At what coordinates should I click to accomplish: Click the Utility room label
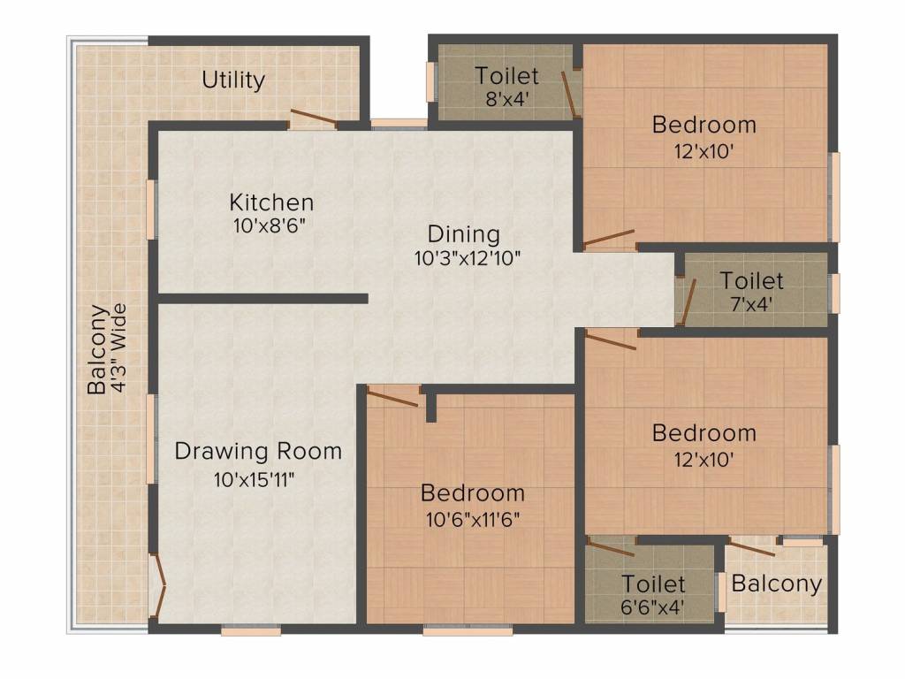(233, 80)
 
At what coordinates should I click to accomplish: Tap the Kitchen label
(272, 202)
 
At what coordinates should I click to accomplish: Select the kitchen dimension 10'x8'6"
(270, 225)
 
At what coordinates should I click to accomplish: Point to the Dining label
(463, 234)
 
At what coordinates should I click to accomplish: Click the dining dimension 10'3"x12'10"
(468, 257)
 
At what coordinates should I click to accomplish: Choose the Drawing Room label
(258, 451)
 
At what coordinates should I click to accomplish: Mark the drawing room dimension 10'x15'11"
(255, 479)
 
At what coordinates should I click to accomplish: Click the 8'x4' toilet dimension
(507, 99)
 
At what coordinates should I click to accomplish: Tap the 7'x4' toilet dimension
(751, 304)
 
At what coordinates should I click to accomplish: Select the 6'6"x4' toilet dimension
(653, 607)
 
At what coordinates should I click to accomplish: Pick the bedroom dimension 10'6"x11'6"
(473, 520)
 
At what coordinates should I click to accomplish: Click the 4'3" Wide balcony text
(119, 348)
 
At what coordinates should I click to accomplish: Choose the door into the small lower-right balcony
(751, 547)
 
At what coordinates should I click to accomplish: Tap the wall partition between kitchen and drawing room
(263, 299)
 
